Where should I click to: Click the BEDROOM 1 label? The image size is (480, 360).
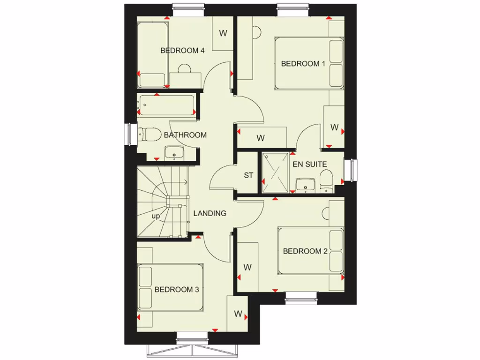point(303,64)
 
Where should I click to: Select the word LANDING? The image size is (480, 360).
point(210,213)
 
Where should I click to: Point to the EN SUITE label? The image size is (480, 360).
point(310,164)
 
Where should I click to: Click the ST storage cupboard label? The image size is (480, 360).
point(248,175)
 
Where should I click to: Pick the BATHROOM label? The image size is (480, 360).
point(185,135)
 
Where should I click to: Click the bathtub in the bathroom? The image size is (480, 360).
point(166,105)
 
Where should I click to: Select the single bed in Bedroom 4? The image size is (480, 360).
point(152,54)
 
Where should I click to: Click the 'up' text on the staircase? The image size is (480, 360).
point(155,216)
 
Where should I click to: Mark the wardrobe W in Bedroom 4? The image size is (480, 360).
point(223,33)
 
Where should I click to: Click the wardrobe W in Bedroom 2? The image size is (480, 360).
point(247,267)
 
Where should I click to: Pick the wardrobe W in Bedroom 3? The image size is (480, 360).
point(237,314)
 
